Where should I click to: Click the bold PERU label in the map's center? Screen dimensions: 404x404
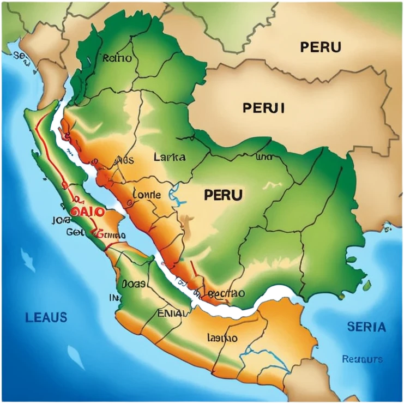pos(223,195)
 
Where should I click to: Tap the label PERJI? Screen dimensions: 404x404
pos(264,108)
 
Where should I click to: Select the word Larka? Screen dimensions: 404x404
pos(169,158)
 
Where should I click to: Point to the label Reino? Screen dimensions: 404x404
pos(117,58)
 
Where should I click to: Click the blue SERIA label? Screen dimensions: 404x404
pos(366,327)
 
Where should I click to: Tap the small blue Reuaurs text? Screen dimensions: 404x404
pos(362,359)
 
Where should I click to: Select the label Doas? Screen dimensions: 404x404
pos(133,284)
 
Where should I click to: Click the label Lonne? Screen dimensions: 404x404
pos(147,194)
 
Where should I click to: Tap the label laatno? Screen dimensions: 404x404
pos(222,337)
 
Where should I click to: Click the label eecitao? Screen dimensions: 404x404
pos(226,293)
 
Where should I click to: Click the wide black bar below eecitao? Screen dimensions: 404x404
pos(224,312)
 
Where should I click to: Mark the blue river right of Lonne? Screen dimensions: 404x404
pos(175,193)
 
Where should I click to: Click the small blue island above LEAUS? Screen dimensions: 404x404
pos(27,257)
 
